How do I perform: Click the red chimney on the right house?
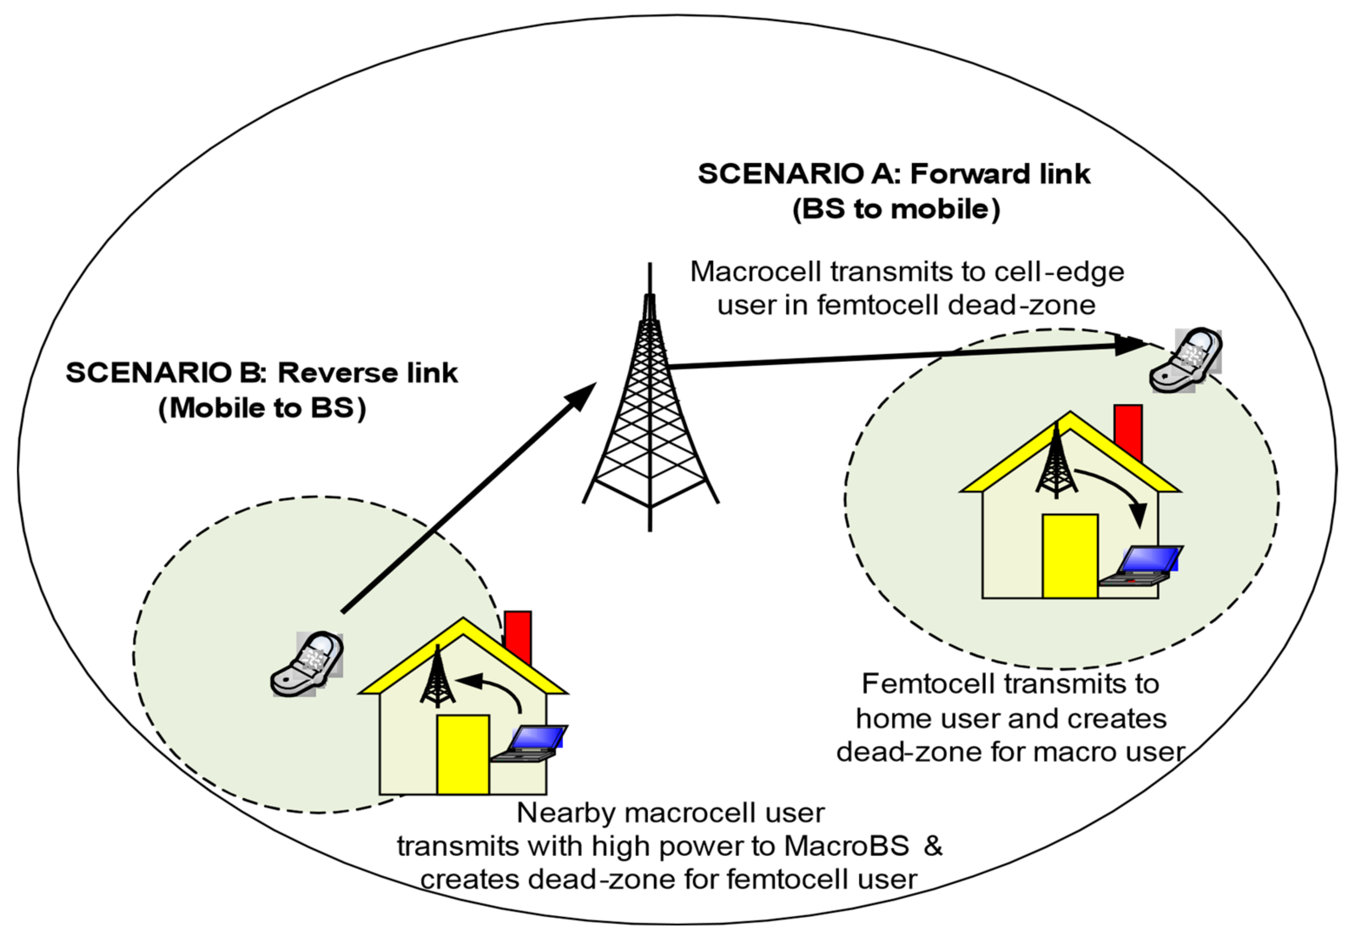click(x=1128, y=433)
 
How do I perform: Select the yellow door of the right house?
click(x=1070, y=556)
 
